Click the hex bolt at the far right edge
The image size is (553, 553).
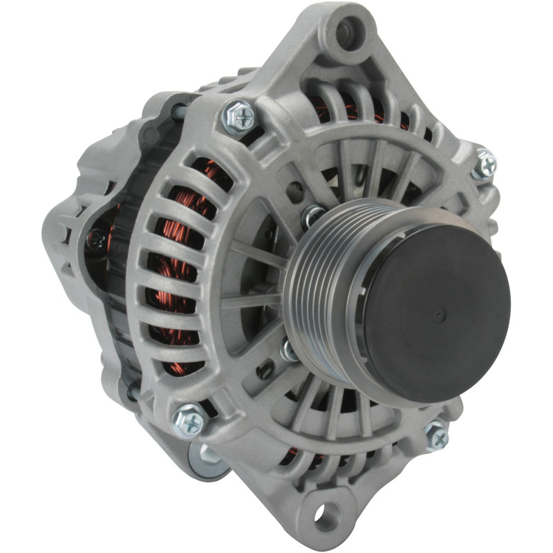click(x=486, y=164)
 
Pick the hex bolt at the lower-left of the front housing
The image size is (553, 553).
click(x=189, y=419)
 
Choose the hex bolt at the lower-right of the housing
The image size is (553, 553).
click(x=436, y=435)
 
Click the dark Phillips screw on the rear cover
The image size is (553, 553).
click(x=97, y=239)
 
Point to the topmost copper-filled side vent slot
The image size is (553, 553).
click(x=211, y=173)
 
